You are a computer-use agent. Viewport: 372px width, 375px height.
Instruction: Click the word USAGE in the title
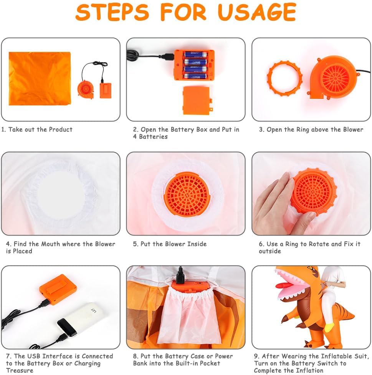[x=257, y=12]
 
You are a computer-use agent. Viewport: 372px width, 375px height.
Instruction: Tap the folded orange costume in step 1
[x=40, y=79]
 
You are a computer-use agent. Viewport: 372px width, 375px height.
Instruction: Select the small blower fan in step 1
[x=86, y=90]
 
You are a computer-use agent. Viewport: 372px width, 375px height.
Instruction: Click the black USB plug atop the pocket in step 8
[x=180, y=276]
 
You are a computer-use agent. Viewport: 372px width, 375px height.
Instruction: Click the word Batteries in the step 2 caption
[x=153, y=136]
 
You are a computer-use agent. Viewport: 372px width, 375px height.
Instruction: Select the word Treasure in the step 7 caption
[x=20, y=370]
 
